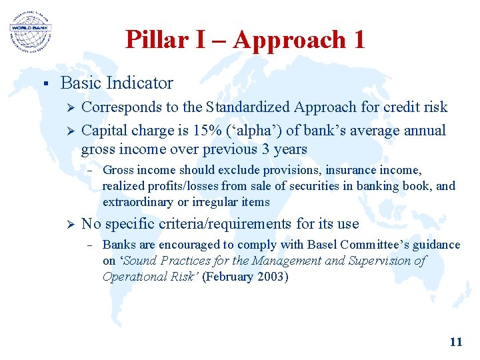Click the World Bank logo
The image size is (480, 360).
(31, 31)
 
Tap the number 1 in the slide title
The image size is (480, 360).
(359, 40)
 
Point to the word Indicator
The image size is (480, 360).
(142, 83)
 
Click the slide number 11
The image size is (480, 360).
(456, 342)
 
